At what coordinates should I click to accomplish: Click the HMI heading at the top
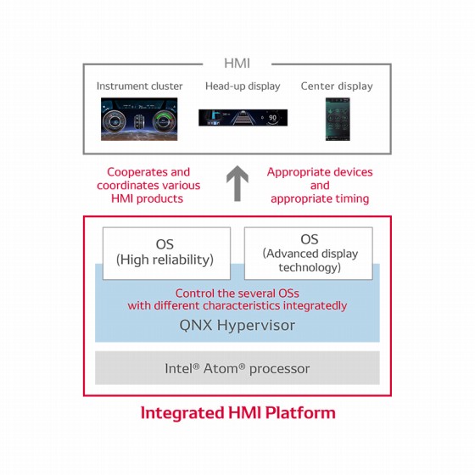pyautogui.click(x=237, y=63)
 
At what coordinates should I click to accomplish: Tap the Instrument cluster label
pyautogui.click(x=139, y=87)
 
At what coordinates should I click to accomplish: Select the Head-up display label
pyautogui.click(x=241, y=87)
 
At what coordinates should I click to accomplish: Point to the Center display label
pyautogui.click(x=337, y=87)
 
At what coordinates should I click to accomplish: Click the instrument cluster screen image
pyautogui.click(x=140, y=118)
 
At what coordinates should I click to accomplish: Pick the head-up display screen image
pyautogui.click(x=241, y=118)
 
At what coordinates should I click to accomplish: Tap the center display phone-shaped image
pyautogui.click(x=337, y=118)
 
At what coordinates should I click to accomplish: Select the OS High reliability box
pyautogui.click(x=165, y=252)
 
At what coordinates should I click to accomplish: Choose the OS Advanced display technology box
pyautogui.click(x=309, y=253)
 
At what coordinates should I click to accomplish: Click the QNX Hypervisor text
pyautogui.click(x=237, y=325)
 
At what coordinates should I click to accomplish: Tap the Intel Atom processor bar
pyautogui.click(x=237, y=368)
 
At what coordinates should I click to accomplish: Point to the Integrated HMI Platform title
pyautogui.click(x=237, y=414)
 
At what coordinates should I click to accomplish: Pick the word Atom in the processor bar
pyautogui.click(x=221, y=368)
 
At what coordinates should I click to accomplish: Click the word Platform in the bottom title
pyautogui.click(x=301, y=414)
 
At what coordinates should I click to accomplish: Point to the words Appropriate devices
pyautogui.click(x=320, y=172)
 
